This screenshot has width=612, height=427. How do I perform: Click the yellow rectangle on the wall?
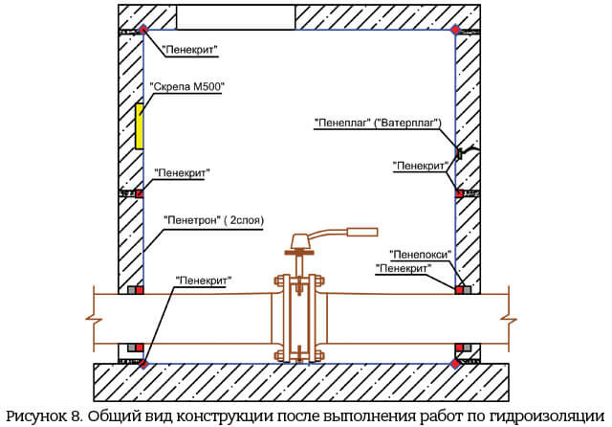(x=139, y=126)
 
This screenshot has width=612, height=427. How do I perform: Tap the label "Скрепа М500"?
(x=187, y=87)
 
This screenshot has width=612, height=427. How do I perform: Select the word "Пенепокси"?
(x=421, y=255)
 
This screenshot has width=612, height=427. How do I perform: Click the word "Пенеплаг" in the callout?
(x=342, y=124)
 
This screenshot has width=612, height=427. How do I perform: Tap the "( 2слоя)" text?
(x=244, y=220)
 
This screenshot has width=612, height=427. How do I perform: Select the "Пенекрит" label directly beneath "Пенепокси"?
(x=404, y=268)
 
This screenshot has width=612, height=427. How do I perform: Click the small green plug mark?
(x=460, y=153)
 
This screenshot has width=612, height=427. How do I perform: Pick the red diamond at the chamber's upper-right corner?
(x=455, y=30)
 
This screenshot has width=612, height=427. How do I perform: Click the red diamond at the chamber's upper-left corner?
(x=143, y=30)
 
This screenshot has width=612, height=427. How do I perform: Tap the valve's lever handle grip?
(x=363, y=233)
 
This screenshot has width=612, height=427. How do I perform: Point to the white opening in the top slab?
(x=236, y=17)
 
